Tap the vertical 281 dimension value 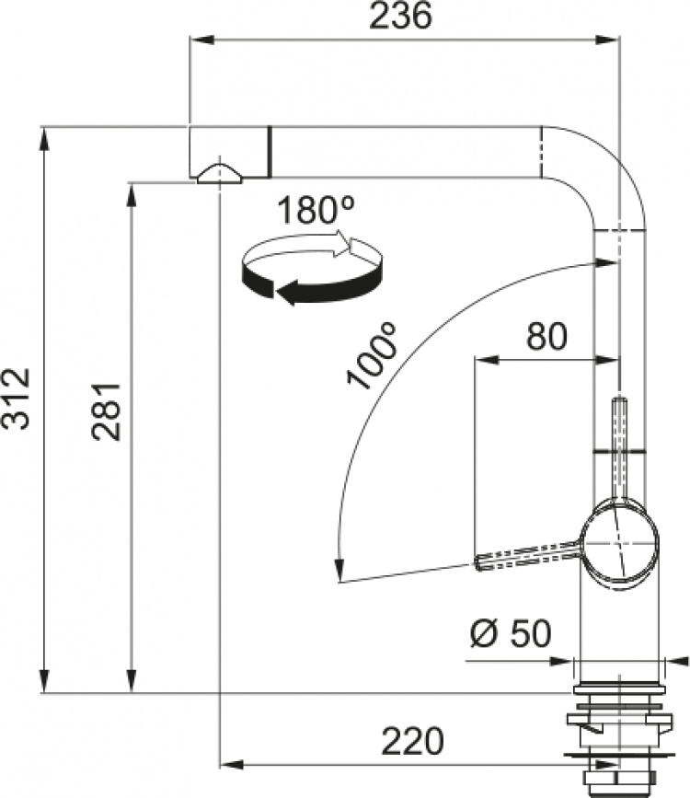tap(108, 411)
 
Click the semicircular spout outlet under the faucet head tap(219, 173)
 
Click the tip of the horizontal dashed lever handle tap(479, 561)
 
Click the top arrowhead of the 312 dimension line tap(43, 138)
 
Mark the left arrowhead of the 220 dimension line tap(229, 764)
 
